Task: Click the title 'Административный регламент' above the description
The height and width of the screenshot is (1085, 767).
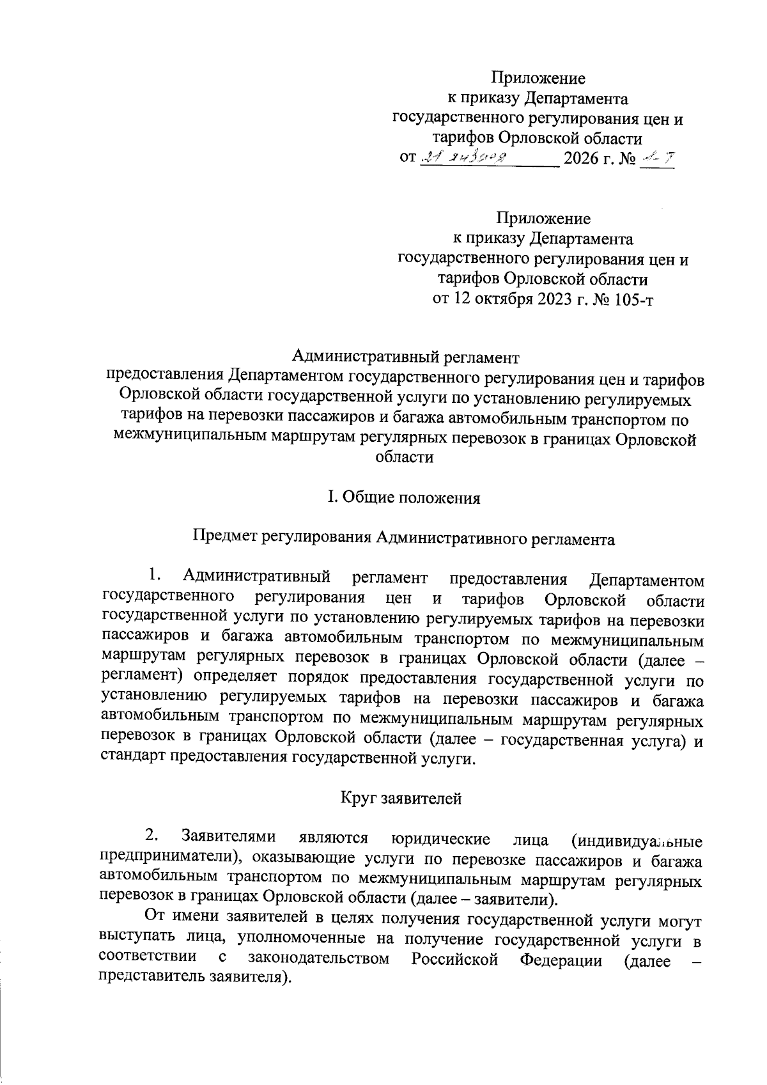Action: coord(405,356)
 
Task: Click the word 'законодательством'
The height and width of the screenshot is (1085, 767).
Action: coord(319,959)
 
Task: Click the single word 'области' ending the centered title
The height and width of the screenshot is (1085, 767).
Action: coord(404,457)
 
